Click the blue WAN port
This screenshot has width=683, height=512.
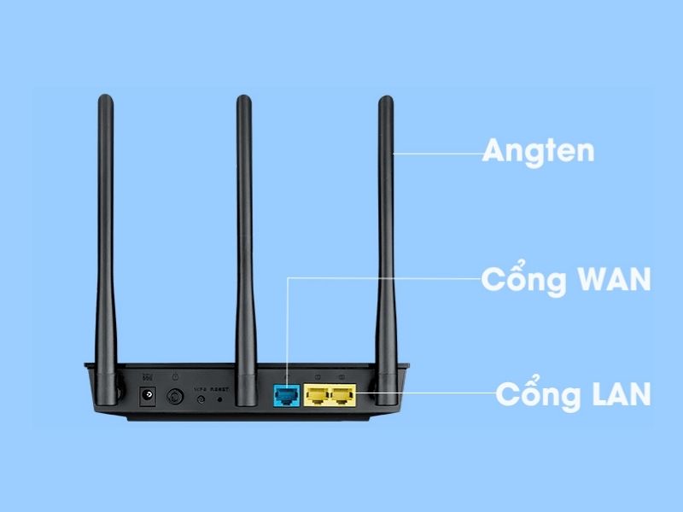[284, 395]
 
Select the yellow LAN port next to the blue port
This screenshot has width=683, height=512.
[317, 395]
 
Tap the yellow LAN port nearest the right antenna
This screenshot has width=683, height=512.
[342, 395]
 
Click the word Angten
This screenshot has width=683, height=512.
[538, 153]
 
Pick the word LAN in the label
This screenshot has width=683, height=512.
[612, 394]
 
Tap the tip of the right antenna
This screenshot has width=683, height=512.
[386, 102]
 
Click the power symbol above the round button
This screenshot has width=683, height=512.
[176, 376]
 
